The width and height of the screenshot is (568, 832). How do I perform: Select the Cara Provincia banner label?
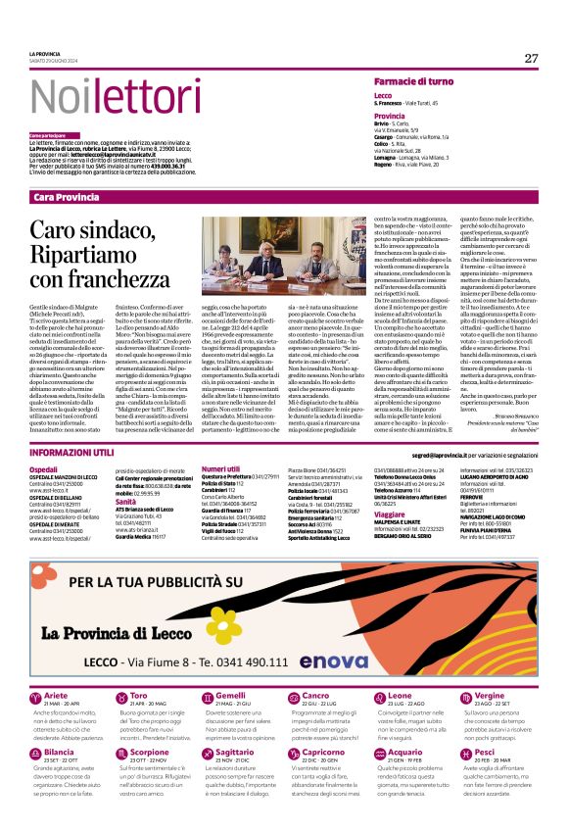[x=66, y=197]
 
